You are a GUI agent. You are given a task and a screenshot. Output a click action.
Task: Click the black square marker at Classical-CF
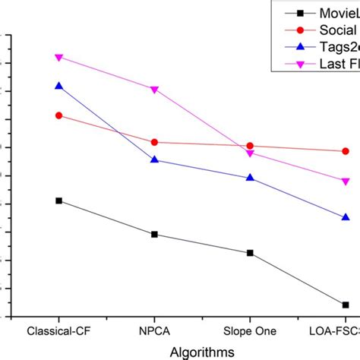click(x=59, y=201)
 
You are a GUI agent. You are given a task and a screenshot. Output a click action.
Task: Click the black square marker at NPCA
click(x=155, y=234)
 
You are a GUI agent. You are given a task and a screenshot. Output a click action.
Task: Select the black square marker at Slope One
click(x=251, y=253)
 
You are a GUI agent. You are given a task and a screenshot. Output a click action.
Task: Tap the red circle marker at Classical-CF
click(x=59, y=115)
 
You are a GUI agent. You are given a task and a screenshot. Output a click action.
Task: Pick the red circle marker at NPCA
click(x=155, y=142)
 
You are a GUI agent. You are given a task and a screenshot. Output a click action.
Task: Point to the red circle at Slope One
click(x=251, y=146)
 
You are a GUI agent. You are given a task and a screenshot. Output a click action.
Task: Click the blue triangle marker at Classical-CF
click(x=59, y=86)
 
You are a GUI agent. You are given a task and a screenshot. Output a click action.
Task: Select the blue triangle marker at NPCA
click(x=155, y=159)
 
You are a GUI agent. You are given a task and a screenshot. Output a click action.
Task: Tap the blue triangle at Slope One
click(x=251, y=178)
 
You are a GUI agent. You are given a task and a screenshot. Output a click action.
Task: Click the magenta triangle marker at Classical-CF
click(x=59, y=58)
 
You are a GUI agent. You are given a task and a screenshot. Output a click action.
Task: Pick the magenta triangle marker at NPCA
click(x=155, y=90)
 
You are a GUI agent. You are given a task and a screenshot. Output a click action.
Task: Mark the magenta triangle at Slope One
click(x=251, y=153)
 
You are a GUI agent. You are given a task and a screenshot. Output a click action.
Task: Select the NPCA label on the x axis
click(x=155, y=332)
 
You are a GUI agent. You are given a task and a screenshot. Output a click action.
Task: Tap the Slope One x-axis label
click(x=251, y=332)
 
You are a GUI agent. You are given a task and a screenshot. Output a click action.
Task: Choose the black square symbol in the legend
click(x=301, y=13)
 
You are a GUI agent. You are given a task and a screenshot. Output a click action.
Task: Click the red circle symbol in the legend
click(x=301, y=30)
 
